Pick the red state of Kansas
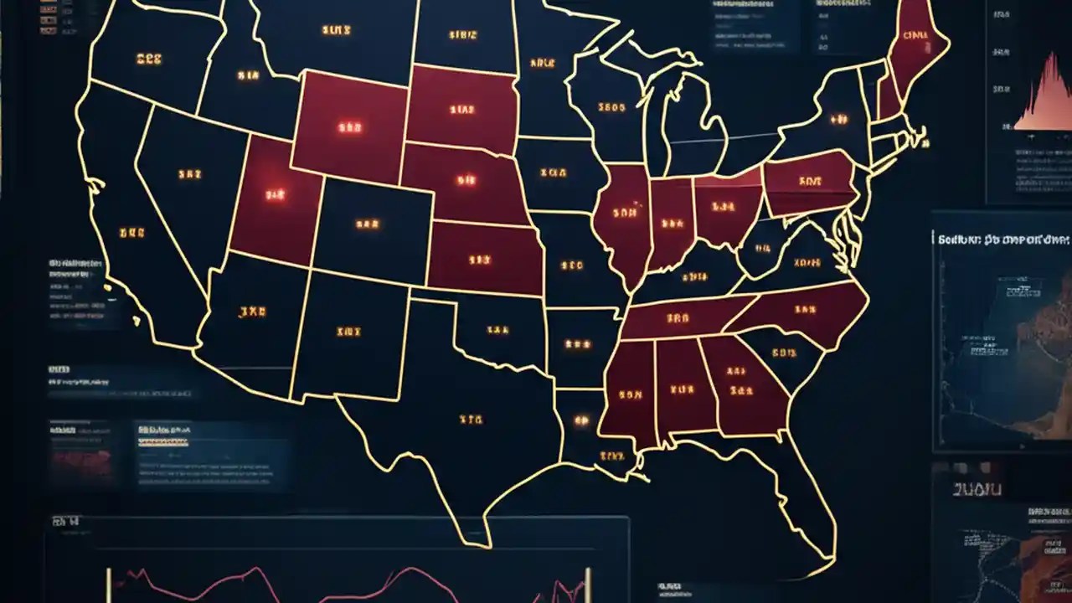(x=482, y=260)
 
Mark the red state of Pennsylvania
(x=809, y=183)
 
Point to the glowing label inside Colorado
(x=367, y=224)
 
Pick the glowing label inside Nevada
(x=189, y=175)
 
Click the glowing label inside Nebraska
(x=465, y=179)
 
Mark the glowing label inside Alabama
(x=682, y=389)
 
